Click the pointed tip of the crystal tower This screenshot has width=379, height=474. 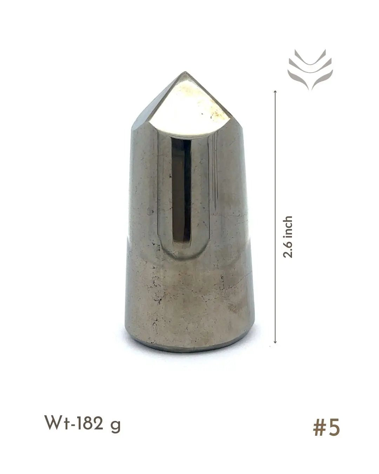[185, 72]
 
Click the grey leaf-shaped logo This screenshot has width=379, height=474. [310, 70]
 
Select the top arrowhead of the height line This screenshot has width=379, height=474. [275, 91]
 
